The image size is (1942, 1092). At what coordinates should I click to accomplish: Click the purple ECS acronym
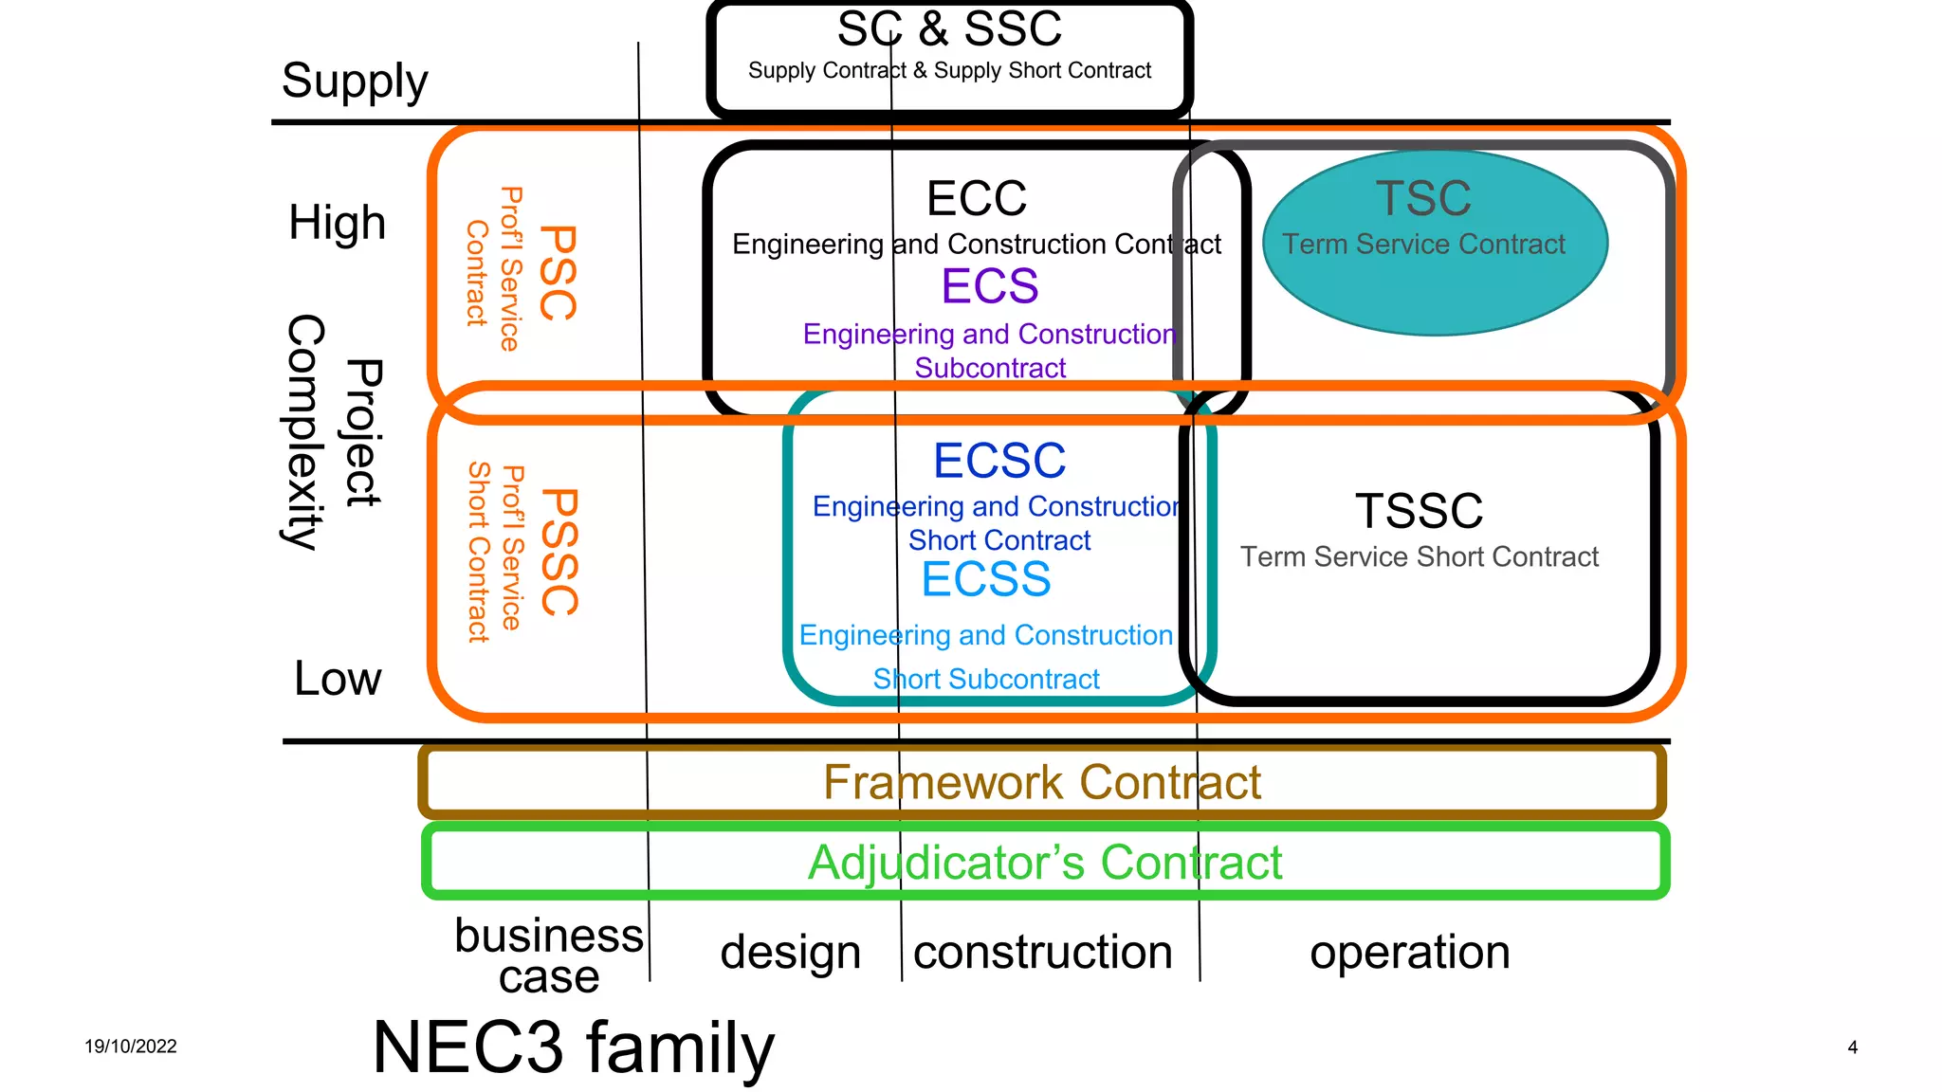pos(990,286)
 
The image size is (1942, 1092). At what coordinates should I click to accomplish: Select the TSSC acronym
pos(1419,511)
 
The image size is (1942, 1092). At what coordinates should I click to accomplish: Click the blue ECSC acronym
pos(999,461)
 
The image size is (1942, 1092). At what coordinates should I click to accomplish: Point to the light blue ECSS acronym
pos(986,579)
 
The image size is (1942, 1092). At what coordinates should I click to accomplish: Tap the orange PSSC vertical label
pos(559,552)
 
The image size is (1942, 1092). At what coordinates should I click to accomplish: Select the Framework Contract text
pos(1041,783)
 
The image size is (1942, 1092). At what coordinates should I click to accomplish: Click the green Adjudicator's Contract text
pos(1044,863)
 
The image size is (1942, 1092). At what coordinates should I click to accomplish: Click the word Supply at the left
pos(355,82)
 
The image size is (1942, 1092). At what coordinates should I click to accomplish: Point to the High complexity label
pos(338,223)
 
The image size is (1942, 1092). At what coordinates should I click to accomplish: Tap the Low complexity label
pos(338,679)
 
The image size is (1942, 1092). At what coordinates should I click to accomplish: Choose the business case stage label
pos(549,955)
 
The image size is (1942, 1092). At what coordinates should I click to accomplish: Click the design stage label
pos(790,952)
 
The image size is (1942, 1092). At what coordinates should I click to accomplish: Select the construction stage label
pos(1042,952)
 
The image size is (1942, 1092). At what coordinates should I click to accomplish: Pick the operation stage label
pos(1409,952)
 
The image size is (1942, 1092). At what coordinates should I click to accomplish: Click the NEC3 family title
pos(574,1047)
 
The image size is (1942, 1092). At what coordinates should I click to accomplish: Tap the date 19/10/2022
pos(131,1046)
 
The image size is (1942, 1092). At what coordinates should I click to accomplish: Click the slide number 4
pos(1852,1047)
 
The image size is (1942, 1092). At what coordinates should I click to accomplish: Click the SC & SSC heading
pos(949,28)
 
